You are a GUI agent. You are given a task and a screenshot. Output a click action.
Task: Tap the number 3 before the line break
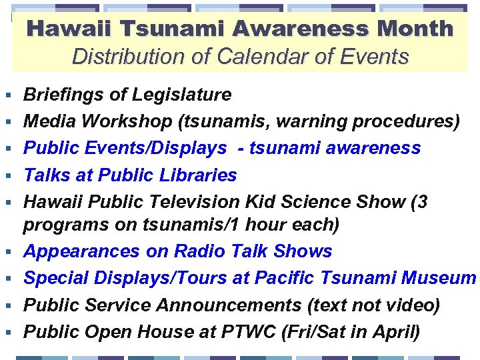[422, 202]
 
